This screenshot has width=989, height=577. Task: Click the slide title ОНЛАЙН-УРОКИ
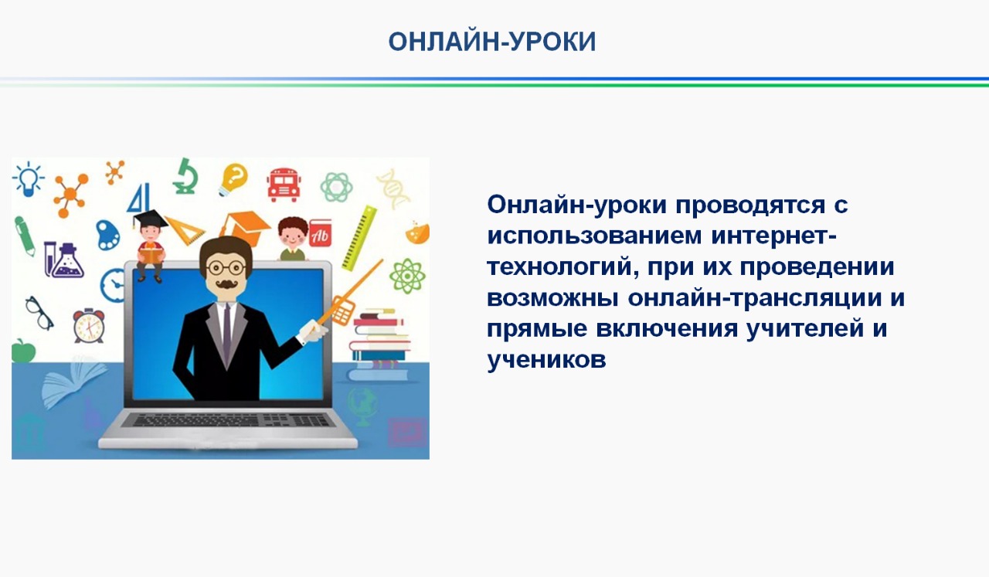492,42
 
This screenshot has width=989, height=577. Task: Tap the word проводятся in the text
750,205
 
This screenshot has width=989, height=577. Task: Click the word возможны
552,298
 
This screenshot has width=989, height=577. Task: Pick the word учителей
804,329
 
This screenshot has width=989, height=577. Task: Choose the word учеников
546,360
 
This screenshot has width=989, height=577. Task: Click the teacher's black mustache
226,283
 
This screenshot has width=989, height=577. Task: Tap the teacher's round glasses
226,267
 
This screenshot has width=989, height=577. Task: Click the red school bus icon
284,185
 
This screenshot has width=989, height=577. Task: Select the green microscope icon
185,176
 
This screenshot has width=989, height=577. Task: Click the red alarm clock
89,326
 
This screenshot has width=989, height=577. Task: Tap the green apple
23,351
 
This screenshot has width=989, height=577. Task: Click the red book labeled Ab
320,233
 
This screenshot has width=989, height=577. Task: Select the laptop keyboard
226,420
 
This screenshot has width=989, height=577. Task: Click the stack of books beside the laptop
379,345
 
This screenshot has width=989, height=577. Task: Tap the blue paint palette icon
107,235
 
